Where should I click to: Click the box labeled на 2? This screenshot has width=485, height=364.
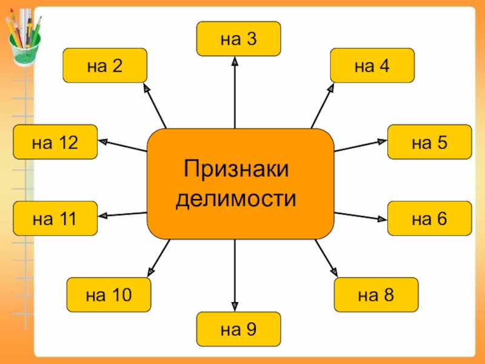coord(105,66)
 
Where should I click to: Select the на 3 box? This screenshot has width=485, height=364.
coord(238,39)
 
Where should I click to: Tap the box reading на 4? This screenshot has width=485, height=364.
coord(372,66)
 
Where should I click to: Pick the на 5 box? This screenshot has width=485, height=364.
coord(430,142)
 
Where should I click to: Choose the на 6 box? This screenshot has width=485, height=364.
coord(430,218)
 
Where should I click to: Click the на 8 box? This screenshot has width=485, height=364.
coord(376,295)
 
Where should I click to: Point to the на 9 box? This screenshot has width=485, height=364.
coord(238,329)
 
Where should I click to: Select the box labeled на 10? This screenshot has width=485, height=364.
coord(109,295)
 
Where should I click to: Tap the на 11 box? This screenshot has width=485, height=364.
coord(55,218)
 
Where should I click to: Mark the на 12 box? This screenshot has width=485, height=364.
coord(55,142)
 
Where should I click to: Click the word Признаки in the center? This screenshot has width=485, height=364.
coord(236,169)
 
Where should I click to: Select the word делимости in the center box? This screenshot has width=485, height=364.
coord(236,198)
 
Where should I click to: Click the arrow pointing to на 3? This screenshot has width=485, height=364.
coord(235,92)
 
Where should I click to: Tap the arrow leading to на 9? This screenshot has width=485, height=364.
coord(235,275)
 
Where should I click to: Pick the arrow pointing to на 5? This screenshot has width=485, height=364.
coord(361,146)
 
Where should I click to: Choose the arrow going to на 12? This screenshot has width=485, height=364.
coord(122,146)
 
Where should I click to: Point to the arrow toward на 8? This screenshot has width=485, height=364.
coord(326,258)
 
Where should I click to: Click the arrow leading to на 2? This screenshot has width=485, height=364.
coord(155,106)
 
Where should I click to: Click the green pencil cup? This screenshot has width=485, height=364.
coord(24,50)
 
